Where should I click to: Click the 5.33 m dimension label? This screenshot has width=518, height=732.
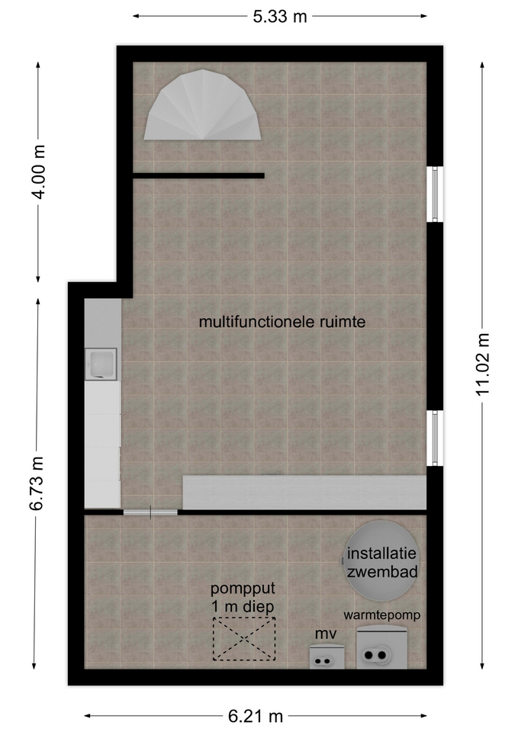click(x=280, y=16)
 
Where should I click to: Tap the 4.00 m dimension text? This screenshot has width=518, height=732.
click(x=38, y=172)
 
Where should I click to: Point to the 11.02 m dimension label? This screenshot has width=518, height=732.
click(x=482, y=364)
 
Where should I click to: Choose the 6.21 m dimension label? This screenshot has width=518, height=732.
click(x=256, y=715)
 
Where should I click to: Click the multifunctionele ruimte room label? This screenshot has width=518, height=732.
click(x=282, y=322)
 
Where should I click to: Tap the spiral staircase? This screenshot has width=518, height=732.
click(x=202, y=105)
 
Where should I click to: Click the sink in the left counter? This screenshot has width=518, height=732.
click(x=101, y=364)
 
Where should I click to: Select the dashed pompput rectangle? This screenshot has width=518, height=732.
click(x=244, y=639)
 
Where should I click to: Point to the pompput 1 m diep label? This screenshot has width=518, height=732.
click(x=243, y=597)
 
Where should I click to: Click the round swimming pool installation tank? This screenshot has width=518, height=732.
click(x=382, y=560)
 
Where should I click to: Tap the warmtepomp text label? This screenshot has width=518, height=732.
click(x=382, y=615)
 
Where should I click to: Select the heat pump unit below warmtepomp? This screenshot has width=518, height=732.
click(x=381, y=648)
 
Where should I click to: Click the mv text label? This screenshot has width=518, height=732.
click(x=326, y=634)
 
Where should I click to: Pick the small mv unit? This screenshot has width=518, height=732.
click(x=327, y=657)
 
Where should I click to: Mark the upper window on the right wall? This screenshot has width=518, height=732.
click(x=435, y=194)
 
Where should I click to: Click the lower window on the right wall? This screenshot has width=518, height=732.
click(x=435, y=438)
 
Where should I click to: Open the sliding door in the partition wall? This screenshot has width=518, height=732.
click(x=150, y=512)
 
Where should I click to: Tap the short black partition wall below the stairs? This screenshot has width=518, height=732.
click(x=198, y=176)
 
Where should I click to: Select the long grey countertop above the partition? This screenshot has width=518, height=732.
click(x=304, y=493)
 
